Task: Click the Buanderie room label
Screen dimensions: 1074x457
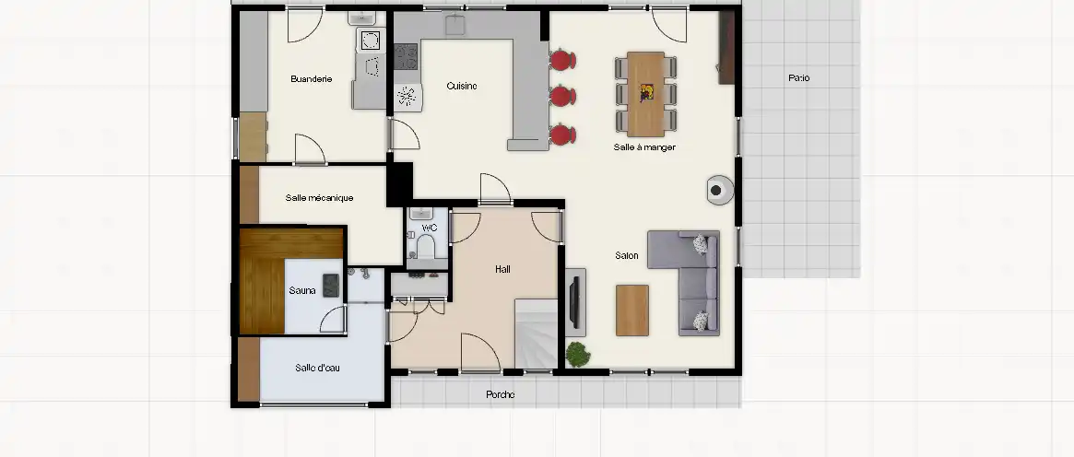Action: (x=311, y=78)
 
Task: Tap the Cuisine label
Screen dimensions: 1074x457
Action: (x=462, y=86)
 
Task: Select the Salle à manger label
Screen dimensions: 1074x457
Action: (x=644, y=147)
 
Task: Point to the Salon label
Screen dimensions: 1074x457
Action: (x=627, y=255)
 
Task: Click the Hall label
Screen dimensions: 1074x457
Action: (x=502, y=269)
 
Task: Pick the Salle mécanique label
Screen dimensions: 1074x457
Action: (x=319, y=198)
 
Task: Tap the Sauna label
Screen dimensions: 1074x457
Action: (x=302, y=290)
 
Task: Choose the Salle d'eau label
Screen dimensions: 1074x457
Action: (x=317, y=368)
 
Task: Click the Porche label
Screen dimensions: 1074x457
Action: (x=500, y=394)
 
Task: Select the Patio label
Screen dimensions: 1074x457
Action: (x=798, y=78)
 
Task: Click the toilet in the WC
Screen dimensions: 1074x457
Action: (x=426, y=246)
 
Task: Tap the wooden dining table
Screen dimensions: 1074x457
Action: (x=646, y=94)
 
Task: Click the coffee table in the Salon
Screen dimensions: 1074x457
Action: (x=632, y=310)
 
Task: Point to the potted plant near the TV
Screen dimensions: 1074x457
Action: (x=578, y=355)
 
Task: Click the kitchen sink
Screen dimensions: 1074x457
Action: (x=455, y=25)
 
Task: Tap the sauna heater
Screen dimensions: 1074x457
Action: (x=331, y=285)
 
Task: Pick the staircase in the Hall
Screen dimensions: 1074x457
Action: (x=537, y=334)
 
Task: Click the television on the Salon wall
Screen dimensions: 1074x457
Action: (x=574, y=301)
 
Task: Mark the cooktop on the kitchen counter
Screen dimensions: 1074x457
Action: (x=406, y=56)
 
